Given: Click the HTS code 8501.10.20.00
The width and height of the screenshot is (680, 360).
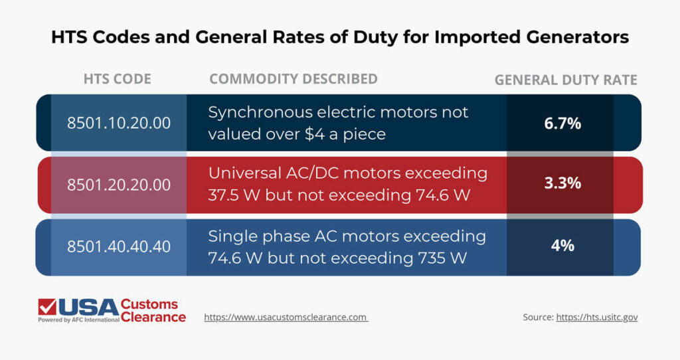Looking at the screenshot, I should point(119,123).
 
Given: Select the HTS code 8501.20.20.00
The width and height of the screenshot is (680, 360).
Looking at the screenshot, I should point(119,185).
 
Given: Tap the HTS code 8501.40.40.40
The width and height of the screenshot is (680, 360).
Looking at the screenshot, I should point(119,246).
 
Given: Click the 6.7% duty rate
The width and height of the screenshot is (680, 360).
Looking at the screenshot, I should point(562,123).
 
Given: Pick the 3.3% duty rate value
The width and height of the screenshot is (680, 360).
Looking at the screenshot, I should point(562,183).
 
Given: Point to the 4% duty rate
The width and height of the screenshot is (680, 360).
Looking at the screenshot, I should point(562,245).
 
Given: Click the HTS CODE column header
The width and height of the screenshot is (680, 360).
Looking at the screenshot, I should point(118,79).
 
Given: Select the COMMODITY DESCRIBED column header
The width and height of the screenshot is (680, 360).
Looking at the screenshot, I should point(294,79).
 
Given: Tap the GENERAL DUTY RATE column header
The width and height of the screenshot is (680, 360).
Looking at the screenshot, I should point(566,80).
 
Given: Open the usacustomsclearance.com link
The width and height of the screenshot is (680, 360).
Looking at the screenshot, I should point(286,317).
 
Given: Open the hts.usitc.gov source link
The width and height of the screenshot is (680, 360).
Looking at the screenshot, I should point(597,317).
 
